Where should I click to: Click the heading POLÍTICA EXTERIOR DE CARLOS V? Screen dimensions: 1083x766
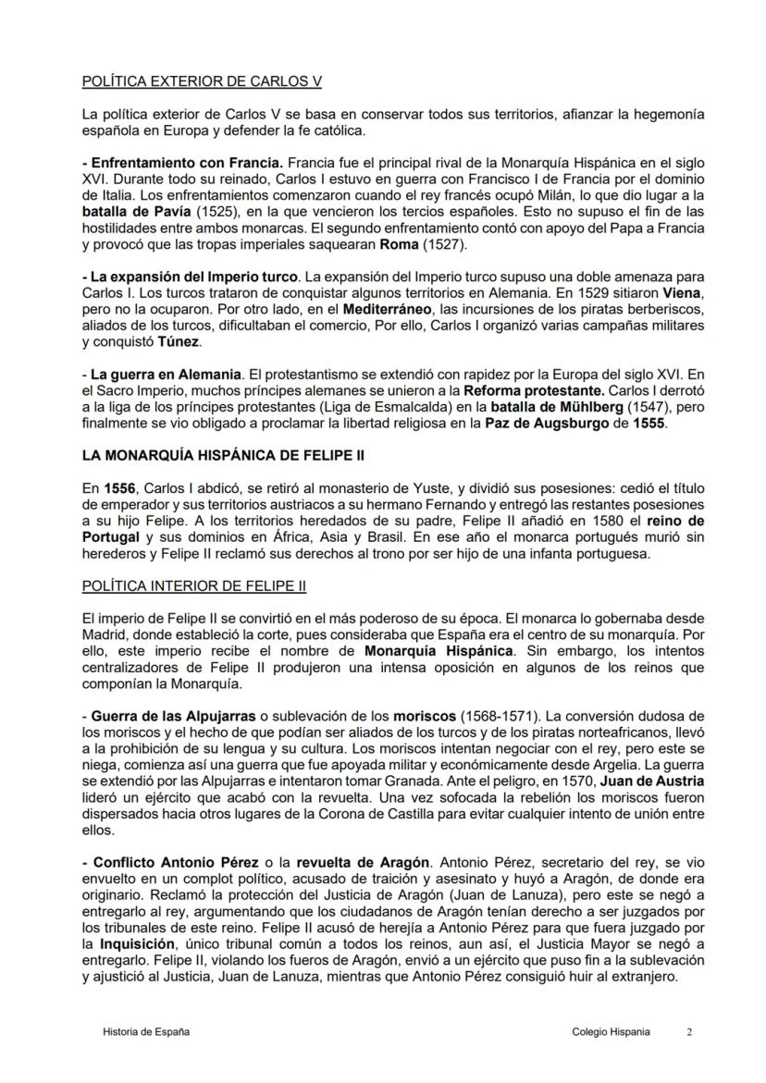[202, 81]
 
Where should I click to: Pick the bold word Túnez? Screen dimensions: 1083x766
[179, 342]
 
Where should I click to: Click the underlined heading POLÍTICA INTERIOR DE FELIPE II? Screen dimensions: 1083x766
[194, 585]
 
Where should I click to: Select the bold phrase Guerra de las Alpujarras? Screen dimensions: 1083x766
[176, 717]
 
